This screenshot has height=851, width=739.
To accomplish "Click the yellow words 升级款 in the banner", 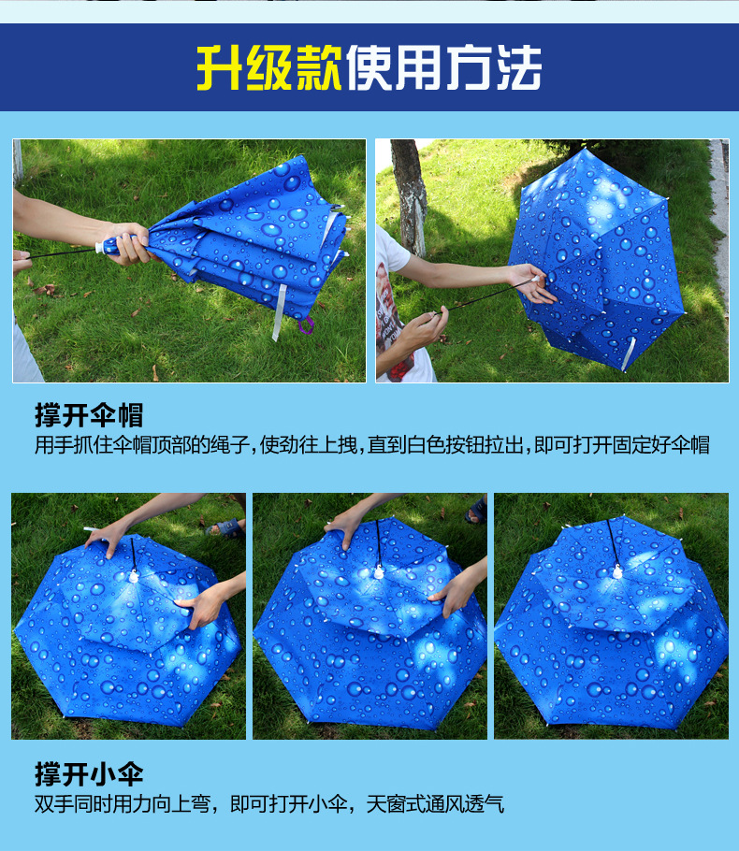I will point(269,66).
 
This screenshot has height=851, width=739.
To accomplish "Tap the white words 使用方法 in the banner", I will point(443,66).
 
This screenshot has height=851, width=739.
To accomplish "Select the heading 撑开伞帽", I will point(89,415).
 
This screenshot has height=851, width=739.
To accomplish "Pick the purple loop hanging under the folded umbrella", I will point(307,325).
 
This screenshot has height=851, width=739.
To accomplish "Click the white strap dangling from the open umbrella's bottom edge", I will point(630,351).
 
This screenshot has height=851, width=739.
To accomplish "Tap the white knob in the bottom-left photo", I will point(134,577).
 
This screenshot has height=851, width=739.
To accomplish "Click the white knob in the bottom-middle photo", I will point(379,571).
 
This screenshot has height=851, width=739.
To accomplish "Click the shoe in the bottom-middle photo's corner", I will point(476,511).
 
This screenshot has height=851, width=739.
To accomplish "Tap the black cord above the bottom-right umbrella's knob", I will point(612,543).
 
